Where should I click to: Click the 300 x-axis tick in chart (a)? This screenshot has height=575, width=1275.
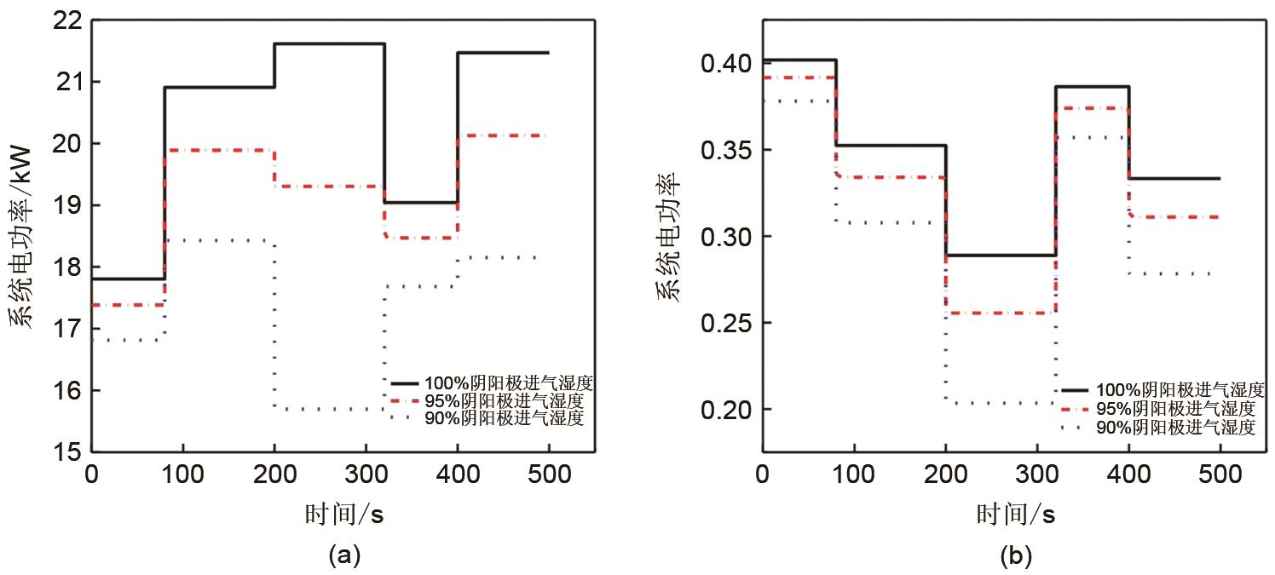coord(366,474)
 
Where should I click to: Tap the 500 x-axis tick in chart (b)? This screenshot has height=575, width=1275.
coord(1220,474)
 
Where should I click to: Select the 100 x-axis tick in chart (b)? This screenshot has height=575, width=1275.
coord(854,474)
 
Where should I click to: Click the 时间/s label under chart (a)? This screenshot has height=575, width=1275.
coord(344,515)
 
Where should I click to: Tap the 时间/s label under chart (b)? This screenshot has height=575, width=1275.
coord(1016,515)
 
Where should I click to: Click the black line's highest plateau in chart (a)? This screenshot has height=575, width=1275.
coord(329,43)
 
